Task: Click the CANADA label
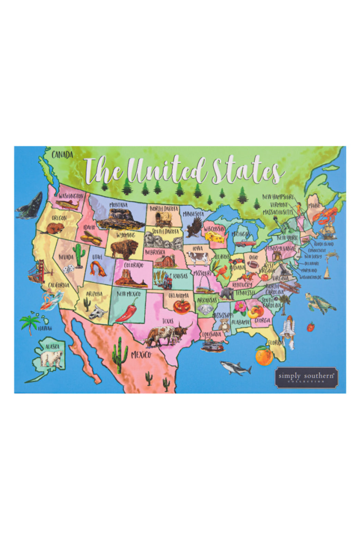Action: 62,155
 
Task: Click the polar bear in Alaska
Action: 52,358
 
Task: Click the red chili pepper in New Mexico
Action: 127,311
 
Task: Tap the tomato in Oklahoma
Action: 181,306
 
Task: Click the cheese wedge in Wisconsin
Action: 215,237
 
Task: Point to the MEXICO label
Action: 141,355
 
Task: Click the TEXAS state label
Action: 168,321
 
